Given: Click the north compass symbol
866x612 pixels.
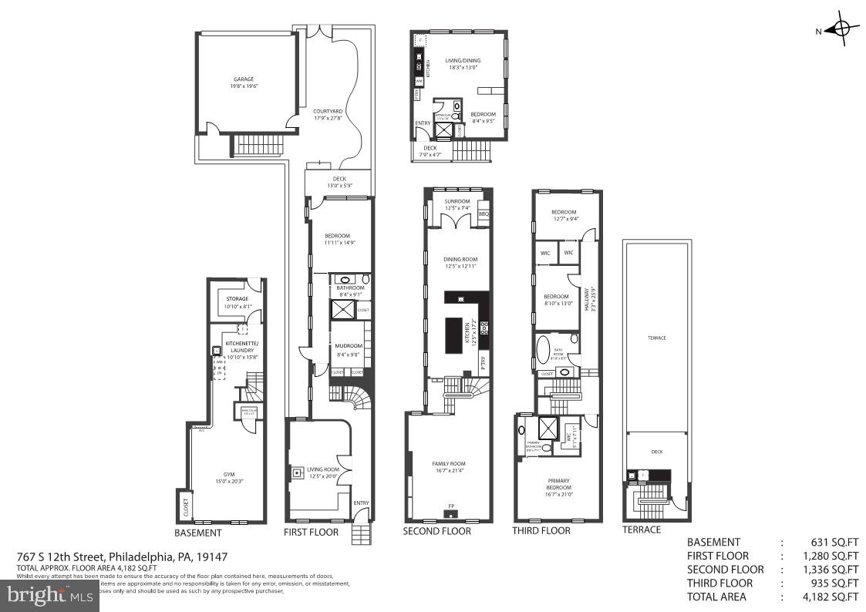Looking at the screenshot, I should point(841,29).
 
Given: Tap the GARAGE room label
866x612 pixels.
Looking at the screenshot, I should point(244,79).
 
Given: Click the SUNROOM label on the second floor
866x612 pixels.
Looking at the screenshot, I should point(457,201).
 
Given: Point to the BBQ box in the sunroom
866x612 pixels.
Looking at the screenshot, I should point(484,214).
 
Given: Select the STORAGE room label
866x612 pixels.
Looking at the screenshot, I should point(238,299).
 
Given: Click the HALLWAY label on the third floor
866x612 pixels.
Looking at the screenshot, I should point(594,296).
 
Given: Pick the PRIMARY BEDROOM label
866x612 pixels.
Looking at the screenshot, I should point(559,483).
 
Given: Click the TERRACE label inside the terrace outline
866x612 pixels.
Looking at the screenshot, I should point(656,338).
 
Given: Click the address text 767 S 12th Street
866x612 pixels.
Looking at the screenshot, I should point(62,557).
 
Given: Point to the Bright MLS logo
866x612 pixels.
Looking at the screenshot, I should point(49,594).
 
